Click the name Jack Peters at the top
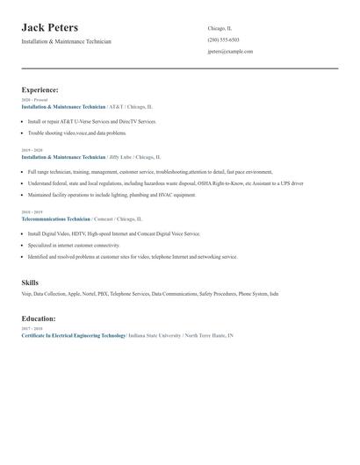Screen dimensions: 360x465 point(50,28)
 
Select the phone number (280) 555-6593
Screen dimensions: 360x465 point(223,39)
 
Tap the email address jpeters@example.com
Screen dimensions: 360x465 point(230,52)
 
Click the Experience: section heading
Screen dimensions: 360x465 point(40,89)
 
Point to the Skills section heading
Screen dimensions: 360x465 point(31,283)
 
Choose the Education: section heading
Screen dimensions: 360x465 point(39,318)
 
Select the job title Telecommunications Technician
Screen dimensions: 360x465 point(56,218)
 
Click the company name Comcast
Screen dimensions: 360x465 point(103,218)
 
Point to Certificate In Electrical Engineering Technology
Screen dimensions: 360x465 point(74,335)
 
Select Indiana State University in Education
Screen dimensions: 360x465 point(155,335)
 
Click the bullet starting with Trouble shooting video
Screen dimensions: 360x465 point(77,133)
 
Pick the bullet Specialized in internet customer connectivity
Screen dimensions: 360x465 point(75,247)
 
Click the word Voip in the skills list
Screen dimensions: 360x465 point(26,294)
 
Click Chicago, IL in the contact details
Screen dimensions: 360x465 point(220,28)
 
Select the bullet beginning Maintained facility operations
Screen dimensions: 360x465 point(112,195)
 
